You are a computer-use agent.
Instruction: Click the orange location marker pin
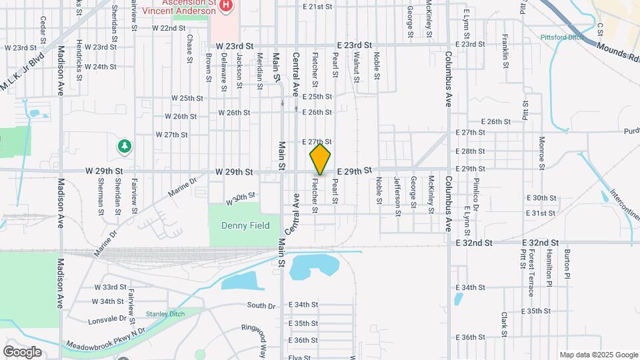coord(320,159)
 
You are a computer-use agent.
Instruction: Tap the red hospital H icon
coord(226,6)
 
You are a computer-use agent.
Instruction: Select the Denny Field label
coord(245,225)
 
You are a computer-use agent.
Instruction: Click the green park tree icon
coord(123,145)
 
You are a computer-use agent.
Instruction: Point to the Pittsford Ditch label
coord(562,37)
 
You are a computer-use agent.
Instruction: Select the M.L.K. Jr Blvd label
coord(22,71)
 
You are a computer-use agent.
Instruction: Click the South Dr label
coord(261,305)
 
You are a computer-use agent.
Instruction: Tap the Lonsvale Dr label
coord(106,319)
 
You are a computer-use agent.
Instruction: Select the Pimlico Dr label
coord(477,190)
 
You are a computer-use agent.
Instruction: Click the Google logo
coord(21,351)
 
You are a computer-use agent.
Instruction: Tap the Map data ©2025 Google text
coord(598,355)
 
